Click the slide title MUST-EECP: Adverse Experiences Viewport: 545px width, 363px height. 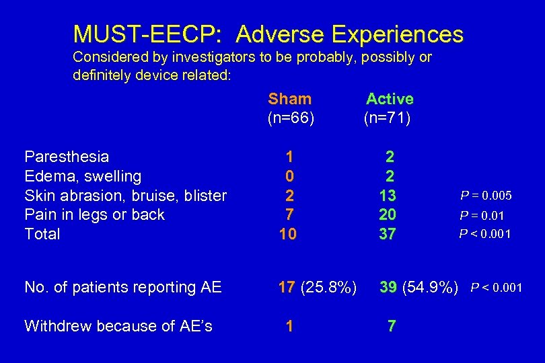point(268,34)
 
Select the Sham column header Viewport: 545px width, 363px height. point(289,99)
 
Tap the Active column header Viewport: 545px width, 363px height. point(390,99)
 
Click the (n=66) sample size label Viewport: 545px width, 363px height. point(291,119)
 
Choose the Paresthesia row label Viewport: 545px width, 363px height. point(67,157)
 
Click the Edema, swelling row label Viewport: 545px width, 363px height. point(83,176)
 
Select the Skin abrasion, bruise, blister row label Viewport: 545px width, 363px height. point(125,196)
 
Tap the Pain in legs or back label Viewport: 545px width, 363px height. point(94,214)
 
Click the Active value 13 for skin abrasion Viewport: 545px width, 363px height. point(388,196)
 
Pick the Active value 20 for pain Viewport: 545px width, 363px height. point(388,214)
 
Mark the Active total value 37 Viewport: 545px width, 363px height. point(388,234)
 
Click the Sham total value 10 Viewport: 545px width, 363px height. point(289,234)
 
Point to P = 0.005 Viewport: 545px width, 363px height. point(486,196)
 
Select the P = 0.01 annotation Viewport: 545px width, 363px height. point(481,215)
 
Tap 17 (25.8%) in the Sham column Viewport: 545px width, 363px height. point(318,288)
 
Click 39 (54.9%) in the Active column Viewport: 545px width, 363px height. point(419,288)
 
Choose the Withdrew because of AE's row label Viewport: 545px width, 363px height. point(118,326)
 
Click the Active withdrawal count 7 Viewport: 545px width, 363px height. point(392,326)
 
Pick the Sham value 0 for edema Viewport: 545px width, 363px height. point(289,176)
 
